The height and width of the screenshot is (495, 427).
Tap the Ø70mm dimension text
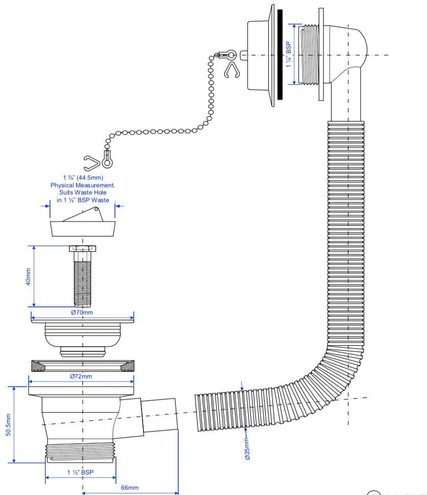[x=82, y=312]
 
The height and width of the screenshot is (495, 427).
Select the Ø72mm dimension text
[x=81, y=376]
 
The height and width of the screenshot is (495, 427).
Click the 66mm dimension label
[x=129, y=488]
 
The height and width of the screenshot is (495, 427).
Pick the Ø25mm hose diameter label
[x=247, y=449]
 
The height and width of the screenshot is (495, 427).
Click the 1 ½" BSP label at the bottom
[x=80, y=472]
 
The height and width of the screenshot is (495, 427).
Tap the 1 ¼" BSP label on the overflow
[x=289, y=55]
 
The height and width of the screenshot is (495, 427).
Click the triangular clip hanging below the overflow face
[x=231, y=70]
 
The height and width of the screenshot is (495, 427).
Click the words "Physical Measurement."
[x=82, y=185]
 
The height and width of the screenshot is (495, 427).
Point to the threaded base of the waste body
[x=80, y=452]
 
